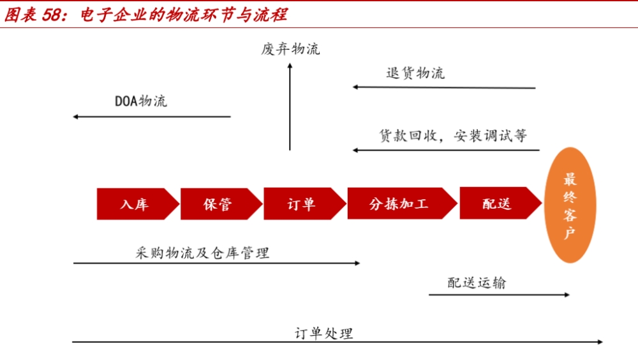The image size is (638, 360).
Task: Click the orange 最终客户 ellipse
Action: (x=570, y=205)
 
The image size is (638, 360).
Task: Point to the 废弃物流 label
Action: (x=290, y=49)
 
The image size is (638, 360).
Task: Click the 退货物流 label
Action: (x=415, y=73)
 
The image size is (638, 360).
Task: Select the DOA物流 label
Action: (x=141, y=101)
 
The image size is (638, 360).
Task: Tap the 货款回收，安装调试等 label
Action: (x=453, y=135)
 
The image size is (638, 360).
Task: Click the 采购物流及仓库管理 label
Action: (x=202, y=253)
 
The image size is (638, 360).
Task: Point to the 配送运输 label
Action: (x=477, y=283)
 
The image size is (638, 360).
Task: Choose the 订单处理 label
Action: (x=324, y=334)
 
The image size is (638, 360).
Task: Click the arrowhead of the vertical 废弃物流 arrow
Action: (x=290, y=66)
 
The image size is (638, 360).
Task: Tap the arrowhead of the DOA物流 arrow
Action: (x=76, y=117)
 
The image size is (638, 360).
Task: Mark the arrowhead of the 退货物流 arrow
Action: (x=355, y=87)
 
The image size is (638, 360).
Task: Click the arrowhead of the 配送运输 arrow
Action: (x=567, y=294)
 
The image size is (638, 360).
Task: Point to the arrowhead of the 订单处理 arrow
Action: (x=600, y=341)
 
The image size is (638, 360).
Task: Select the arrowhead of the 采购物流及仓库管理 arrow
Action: (x=358, y=263)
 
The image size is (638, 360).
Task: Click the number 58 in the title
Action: (x=52, y=15)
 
